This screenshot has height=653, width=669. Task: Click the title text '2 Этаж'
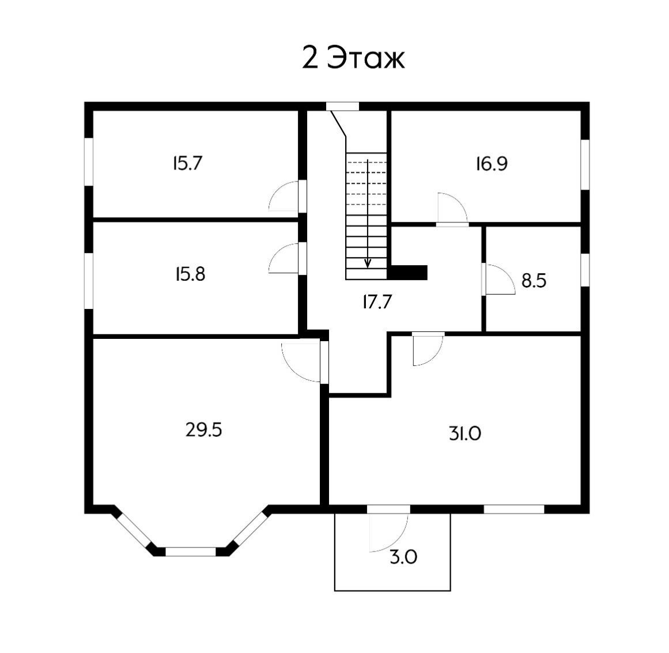pos(353,58)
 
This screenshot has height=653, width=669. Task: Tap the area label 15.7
pos(188,164)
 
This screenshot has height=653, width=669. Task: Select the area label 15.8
pos(190,274)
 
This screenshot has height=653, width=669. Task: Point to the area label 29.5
pos(204,430)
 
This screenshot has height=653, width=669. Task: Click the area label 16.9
pos(492,164)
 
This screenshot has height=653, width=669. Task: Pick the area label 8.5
pos(534,281)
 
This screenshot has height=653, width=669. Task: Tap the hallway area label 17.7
pos(377,302)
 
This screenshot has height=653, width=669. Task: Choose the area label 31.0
pos(465,434)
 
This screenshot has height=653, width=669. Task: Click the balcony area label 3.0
pos(403,557)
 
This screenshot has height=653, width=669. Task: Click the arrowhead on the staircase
pos(368,263)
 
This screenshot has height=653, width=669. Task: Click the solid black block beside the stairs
pos(407,272)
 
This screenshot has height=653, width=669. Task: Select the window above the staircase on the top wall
pos(342,107)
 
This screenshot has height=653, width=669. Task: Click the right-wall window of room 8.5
pos(585,270)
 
